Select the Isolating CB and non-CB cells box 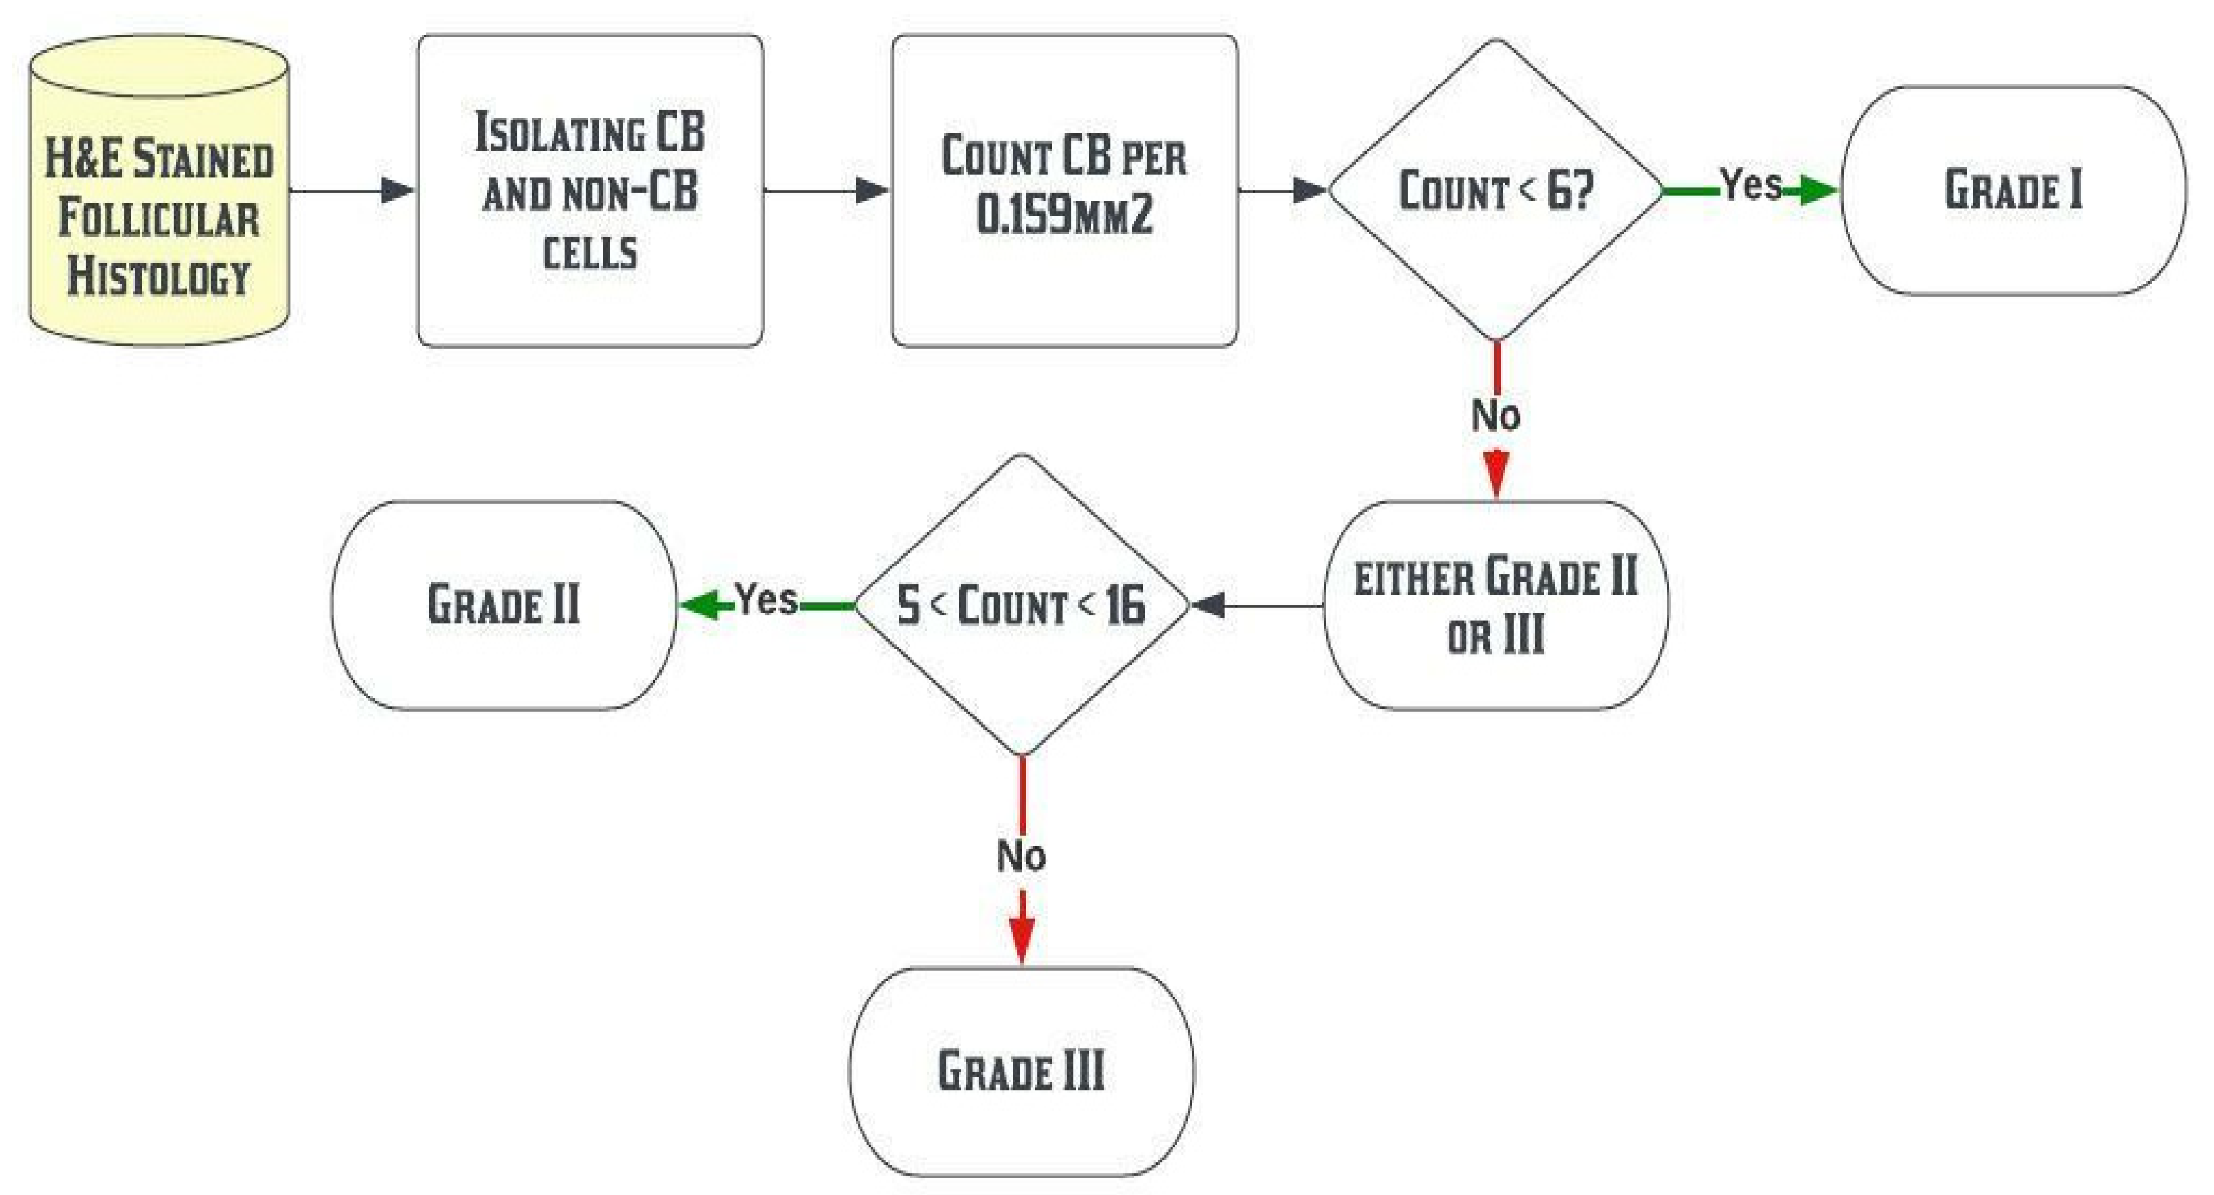pos(590,191)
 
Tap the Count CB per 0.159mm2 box pos(1065,191)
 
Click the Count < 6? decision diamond pos(1496,191)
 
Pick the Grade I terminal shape pos(2013,191)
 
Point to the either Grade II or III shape pos(1496,605)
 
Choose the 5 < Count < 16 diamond pos(1021,605)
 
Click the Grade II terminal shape pos(504,605)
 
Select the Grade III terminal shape pos(1021,1071)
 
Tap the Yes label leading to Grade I pos(1750,185)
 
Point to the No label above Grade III pos(1021,856)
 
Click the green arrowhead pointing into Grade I pos(1818,191)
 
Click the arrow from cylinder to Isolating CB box pos(353,191)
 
